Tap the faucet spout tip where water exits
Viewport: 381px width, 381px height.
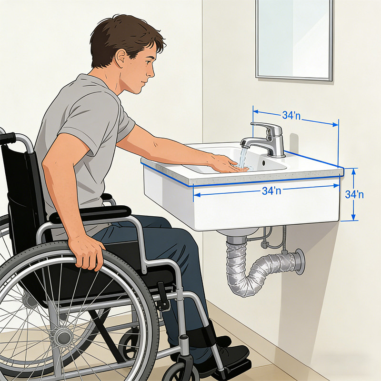tap(244, 145)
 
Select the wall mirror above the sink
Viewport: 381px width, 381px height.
tap(294, 40)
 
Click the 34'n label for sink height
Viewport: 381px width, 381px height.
tap(354, 194)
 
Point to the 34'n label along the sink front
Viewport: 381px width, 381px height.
tap(271, 191)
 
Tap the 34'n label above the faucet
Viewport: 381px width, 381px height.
tap(291, 115)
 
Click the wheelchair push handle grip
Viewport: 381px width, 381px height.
tap(7, 138)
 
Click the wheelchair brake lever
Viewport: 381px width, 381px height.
tap(162, 296)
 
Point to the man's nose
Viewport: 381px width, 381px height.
tap(152, 72)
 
